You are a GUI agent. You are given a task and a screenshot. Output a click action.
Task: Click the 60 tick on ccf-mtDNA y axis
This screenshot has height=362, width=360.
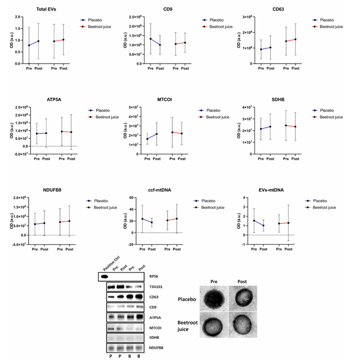click(133, 198)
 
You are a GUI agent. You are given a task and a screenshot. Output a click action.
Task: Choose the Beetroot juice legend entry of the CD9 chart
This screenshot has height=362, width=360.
click(216, 27)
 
